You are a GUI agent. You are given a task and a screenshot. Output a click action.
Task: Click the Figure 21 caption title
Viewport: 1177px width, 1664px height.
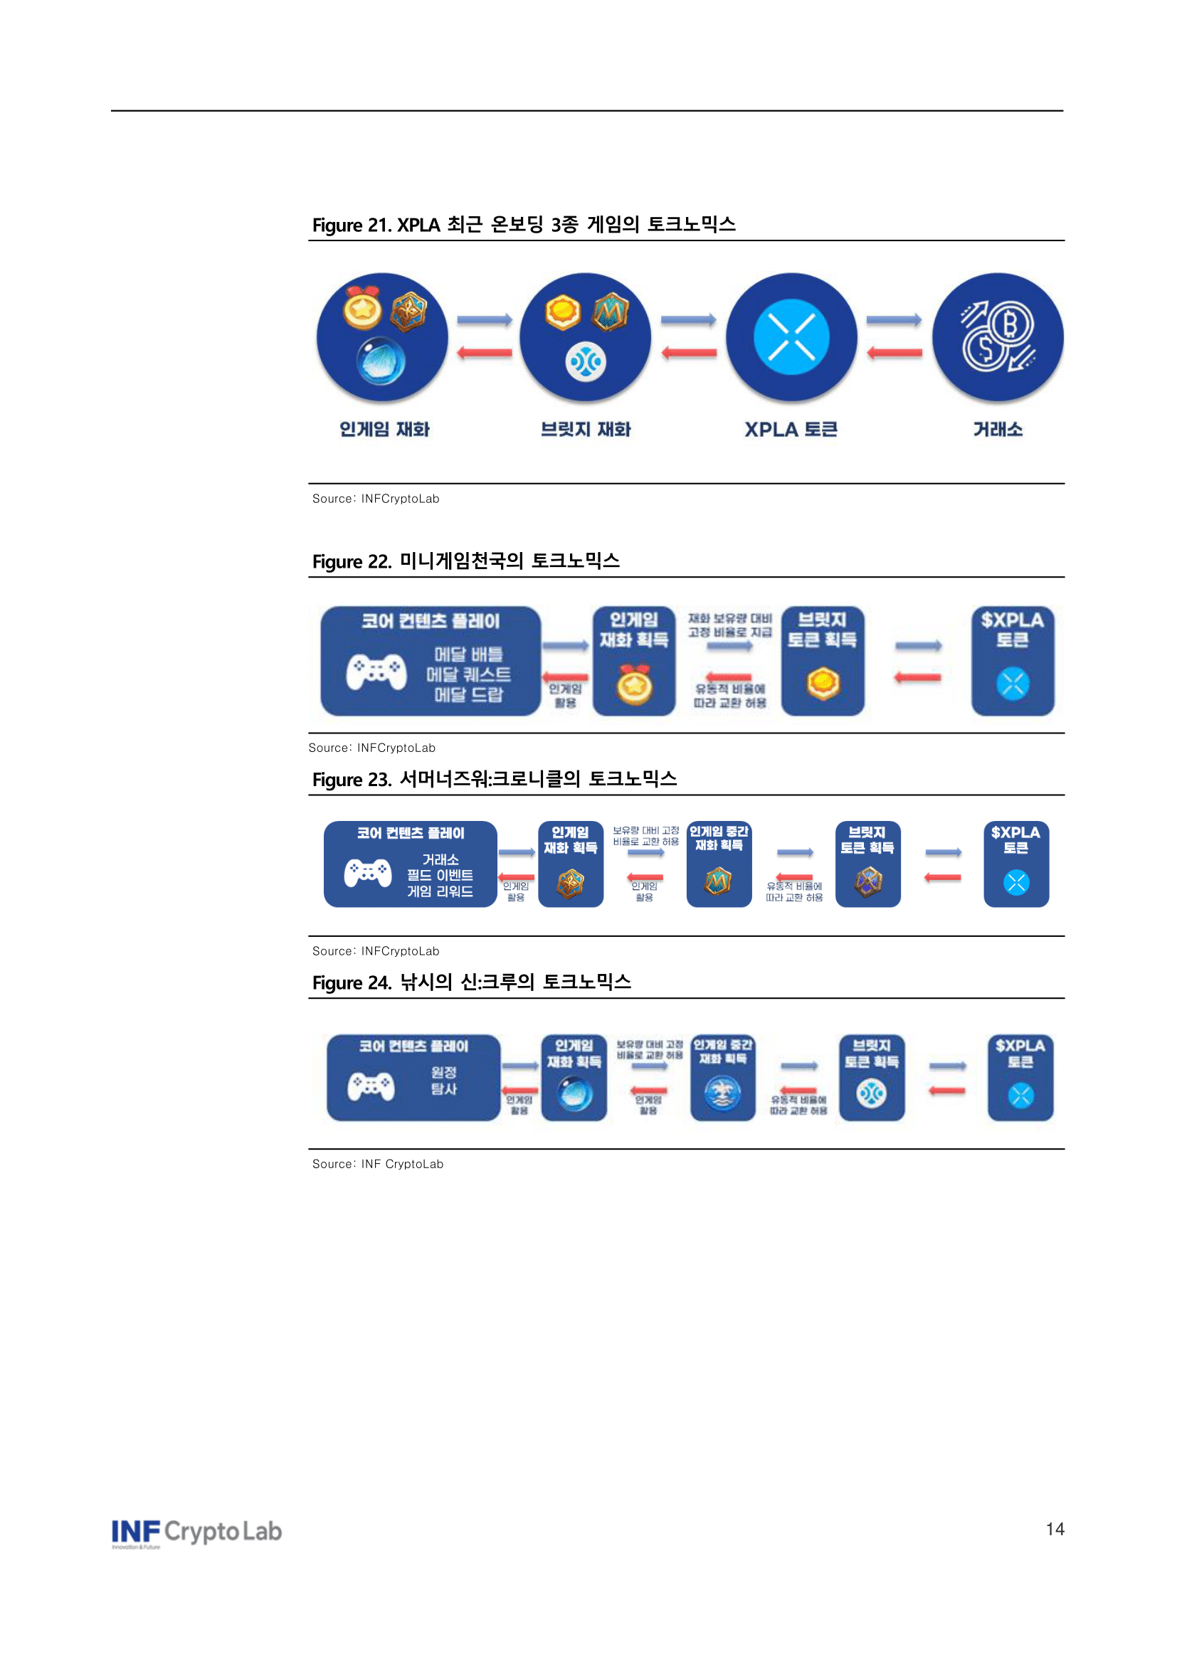pyautogui.click(x=523, y=225)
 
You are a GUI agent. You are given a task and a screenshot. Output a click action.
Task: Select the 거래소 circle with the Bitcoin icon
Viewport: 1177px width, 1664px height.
pyautogui.click(x=997, y=337)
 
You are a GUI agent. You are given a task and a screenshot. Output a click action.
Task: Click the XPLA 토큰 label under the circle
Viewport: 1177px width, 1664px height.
pyautogui.click(x=791, y=430)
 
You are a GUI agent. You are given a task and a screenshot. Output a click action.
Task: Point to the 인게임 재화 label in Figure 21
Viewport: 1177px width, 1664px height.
pyautogui.click(x=384, y=430)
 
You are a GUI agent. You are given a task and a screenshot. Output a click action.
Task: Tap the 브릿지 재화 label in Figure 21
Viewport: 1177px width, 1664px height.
pyautogui.click(x=586, y=430)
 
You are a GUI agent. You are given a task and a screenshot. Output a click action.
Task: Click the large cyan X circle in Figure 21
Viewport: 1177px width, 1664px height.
pyautogui.click(x=791, y=337)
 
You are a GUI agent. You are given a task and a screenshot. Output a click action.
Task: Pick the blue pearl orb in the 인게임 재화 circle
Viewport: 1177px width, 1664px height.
pyautogui.click(x=381, y=360)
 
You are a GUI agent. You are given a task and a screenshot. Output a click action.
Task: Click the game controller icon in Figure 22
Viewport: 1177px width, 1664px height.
pyautogui.click(x=376, y=672)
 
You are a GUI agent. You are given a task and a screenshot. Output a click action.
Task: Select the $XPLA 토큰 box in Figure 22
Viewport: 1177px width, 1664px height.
pyautogui.click(x=1013, y=660)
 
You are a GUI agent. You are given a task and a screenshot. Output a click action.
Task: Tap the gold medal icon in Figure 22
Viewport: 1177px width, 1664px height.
pyautogui.click(x=634, y=685)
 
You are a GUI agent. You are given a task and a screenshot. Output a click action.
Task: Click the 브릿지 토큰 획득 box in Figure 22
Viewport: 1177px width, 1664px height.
pyautogui.click(x=822, y=660)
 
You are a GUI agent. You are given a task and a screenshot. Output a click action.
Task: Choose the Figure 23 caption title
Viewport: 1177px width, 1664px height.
pyautogui.click(x=495, y=779)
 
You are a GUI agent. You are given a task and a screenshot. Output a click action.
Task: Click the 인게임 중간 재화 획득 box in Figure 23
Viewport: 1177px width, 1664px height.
pyautogui.click(x=718, y=863)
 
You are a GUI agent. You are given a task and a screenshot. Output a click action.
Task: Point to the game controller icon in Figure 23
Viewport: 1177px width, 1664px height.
pyautogui.click(x=367, y=873)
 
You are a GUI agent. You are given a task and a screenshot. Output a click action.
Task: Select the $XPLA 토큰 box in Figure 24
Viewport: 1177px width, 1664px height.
pyautogui.click(x=1020, y=1077)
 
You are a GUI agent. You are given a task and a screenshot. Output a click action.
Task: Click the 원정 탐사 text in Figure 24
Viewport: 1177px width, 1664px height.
pyautogui.click(x=443, y=1080)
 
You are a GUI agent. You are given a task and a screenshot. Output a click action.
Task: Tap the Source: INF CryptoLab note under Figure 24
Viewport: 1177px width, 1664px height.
pyautogui.click(x=378, y=1164)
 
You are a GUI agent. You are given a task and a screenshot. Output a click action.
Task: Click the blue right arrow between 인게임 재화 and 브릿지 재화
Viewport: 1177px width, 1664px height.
pyautogui.click(x=484, y=319)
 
